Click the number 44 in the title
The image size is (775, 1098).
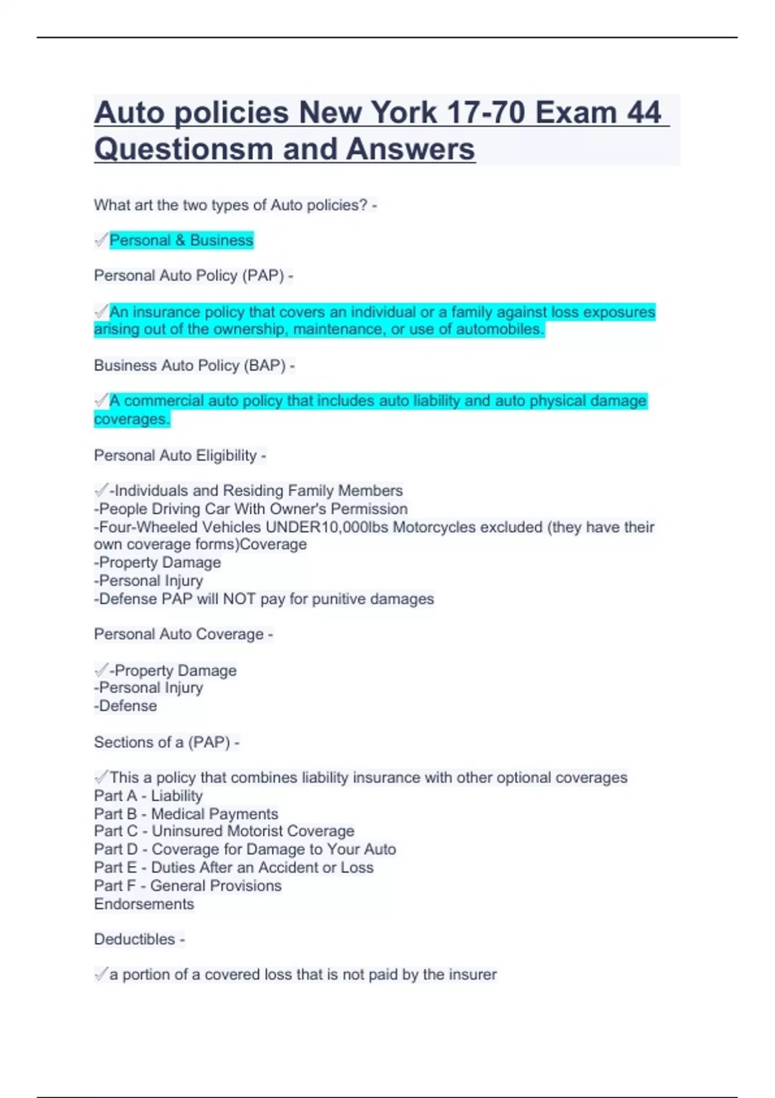click(x=644, y=112)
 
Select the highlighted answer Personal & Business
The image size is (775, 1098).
click(x=181, y=240)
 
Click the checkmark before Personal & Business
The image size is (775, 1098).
click(x=101, y=240)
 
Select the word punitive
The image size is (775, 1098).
click(x=338, y=599)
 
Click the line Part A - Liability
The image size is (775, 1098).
click(x=149, y=796)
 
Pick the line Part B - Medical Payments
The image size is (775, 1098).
click(x=186, y=814)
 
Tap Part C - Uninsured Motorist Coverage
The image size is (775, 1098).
click(x=224, y=831)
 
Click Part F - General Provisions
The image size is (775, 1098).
click(x=188, y=886)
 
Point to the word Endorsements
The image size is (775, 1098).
click(x=144, y=904)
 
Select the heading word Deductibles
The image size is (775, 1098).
click(x=135, y=939)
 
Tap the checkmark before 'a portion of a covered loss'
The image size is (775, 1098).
click(x=101, y=974)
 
